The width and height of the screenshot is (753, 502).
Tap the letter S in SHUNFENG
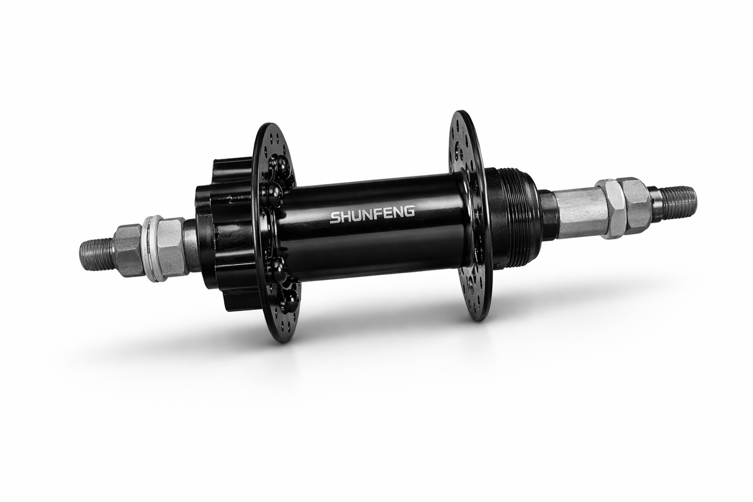335,218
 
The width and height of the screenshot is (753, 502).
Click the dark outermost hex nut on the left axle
127,250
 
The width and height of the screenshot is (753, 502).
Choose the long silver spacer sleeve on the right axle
579,213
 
